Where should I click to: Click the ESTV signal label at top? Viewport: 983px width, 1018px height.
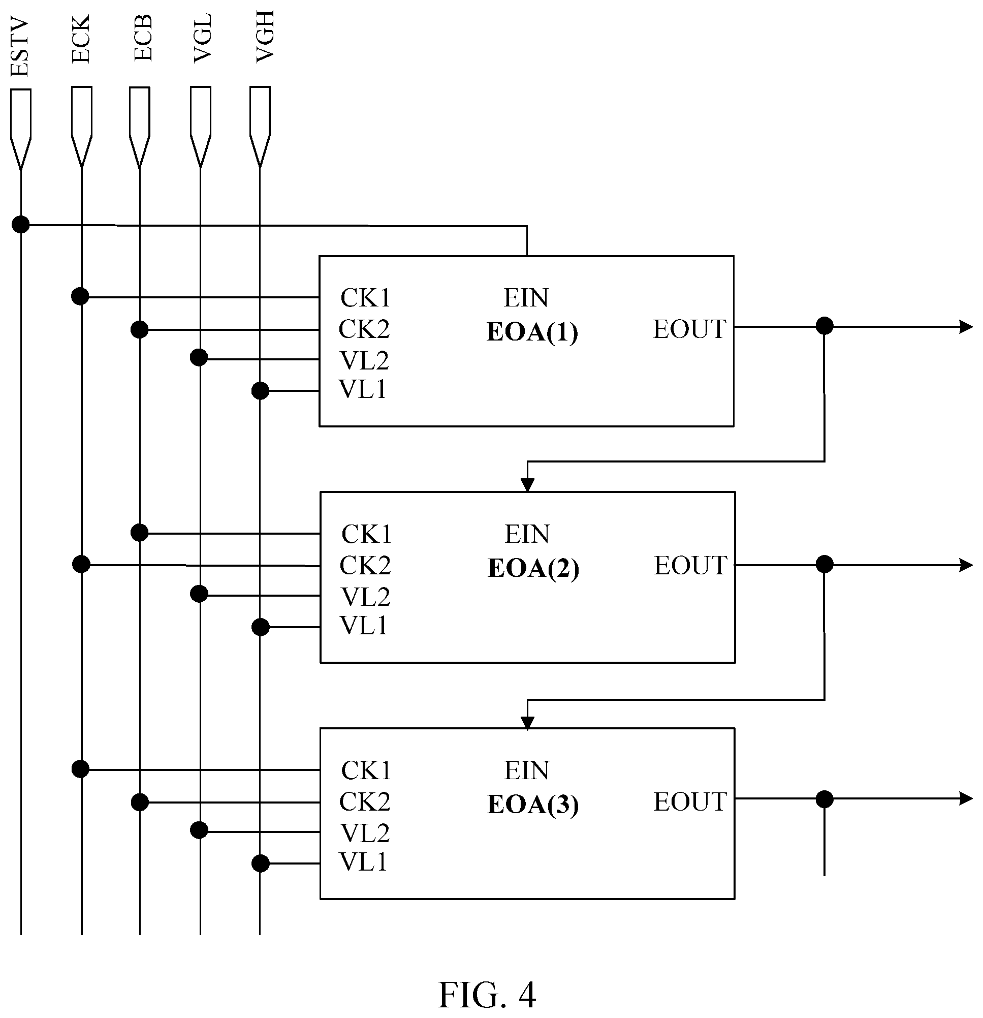tap(19, 48)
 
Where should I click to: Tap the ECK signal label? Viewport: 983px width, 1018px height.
tap(80, 39)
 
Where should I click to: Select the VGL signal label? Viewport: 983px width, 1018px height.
tap(202, 39)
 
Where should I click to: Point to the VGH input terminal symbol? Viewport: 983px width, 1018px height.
tap(260, 127)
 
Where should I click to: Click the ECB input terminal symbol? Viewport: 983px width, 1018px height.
tap(140, 128)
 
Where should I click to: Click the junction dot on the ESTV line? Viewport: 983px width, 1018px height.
tap(21, 224)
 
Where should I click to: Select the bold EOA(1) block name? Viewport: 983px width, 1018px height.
tap(532, 332)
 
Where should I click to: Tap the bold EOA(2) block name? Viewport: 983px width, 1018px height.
tap(533, 568)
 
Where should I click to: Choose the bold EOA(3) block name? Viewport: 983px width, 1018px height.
tap(533, 805)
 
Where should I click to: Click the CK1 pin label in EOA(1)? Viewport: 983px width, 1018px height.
tap(365, 298)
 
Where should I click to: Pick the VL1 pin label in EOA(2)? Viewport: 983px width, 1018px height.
tap(364, 626)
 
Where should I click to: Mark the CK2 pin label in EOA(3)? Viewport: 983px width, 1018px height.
tap(365, 802)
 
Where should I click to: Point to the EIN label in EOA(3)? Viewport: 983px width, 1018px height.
tap(526, 770)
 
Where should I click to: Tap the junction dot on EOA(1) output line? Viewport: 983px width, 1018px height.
tap(825, 326)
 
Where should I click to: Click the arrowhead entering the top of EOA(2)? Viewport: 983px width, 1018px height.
tap(528, 484)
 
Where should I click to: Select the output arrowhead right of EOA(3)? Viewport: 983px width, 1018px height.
tap(966, 798)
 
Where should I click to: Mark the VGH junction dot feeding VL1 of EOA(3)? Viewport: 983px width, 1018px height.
tap(260, 863)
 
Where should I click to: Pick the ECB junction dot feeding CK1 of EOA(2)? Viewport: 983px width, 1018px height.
tap(139, 532)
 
